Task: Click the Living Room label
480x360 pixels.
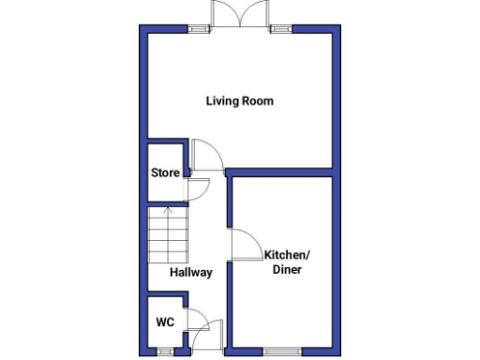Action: pos(240,101)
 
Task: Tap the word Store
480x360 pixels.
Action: pos(165,172)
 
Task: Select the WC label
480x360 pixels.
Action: pos(165,322)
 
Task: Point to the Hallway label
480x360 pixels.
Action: pos(190,274)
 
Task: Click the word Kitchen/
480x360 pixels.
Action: pos(287,256)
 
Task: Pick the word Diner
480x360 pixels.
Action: pos(287,270)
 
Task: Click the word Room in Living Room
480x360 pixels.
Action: pos(257,101)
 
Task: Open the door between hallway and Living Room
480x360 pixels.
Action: pos(205,155)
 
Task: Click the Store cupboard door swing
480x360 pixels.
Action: pos(198,188)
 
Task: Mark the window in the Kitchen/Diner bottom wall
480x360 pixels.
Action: pos(278,352)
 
